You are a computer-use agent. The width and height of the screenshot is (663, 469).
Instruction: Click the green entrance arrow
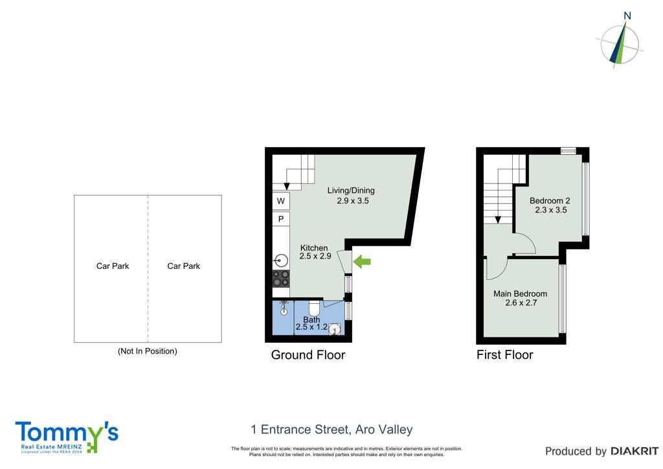[362, 262]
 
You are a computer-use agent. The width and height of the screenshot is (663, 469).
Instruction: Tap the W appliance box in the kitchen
[281, 201]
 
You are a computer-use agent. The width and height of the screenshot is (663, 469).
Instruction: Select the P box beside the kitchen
[281, 219]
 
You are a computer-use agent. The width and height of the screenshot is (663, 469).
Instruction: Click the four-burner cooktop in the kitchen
[281, 279]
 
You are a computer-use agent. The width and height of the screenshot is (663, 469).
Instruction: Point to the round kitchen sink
[281, 260]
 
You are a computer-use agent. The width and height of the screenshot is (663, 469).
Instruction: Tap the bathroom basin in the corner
[335, 329]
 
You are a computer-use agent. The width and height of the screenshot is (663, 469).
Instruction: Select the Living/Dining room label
[351, 190]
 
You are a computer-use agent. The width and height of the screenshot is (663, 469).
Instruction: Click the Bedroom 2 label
[550, 200]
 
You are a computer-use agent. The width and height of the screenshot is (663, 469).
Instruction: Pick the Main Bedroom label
[520, 293]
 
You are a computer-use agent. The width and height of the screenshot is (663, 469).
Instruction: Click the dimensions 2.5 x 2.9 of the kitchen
[315, 256]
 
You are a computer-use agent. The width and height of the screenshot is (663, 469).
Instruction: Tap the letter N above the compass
[627, 16]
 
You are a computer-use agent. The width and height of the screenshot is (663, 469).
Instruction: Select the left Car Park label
[113, 266]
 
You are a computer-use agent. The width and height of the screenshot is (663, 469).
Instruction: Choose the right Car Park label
[183, 266]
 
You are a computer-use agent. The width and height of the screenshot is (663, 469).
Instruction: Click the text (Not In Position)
[148, 351]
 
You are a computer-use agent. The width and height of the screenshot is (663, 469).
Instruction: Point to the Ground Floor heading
[308, 355]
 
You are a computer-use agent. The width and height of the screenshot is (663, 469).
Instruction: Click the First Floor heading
[505, 355]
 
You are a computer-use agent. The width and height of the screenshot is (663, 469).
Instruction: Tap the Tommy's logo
[67, 437]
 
